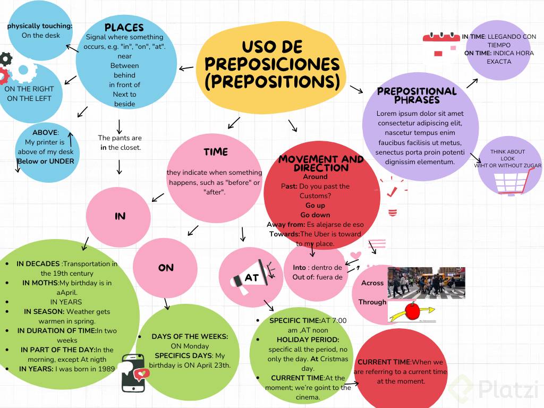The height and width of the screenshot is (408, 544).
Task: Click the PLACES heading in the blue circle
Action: pos(124,28)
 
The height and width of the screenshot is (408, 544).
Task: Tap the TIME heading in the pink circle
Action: pos(215,152)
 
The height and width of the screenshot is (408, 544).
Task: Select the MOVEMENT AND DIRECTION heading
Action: pos(321,163)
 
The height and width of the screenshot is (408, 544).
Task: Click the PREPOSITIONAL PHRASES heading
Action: pos(416,95)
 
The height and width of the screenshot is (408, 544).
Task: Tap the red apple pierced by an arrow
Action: pos(412,311)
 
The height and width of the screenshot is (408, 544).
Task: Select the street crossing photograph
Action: pos(426,283)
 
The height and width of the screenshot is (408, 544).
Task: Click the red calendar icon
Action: pos(440,43)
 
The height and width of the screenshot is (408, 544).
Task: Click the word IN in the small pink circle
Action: pos(120,216)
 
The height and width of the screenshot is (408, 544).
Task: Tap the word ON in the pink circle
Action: pos(166,268)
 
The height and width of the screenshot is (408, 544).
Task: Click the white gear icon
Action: pos(22,70)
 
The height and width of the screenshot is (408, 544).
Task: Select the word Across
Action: pos(372,283)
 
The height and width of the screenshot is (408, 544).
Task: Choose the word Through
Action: pos(372,302)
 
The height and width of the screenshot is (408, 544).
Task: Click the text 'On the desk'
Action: pos(41,36)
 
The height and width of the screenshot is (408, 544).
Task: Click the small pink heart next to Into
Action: pos(355,256)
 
